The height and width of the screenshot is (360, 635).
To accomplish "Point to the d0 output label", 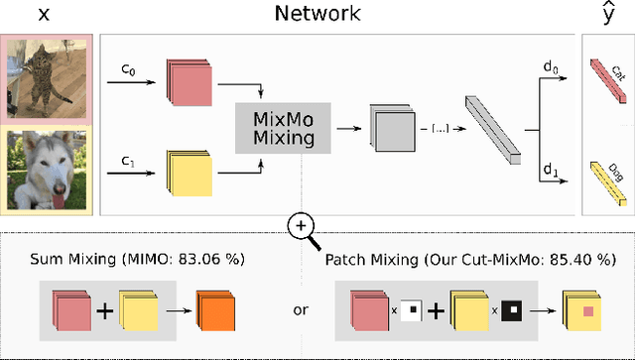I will pyautogui.click(x=549, y=66).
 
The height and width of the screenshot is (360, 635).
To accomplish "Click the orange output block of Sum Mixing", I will pyautogui.click(x=216, y=309).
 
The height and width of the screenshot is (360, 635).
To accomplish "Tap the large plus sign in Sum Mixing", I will pyautogui.click(x=103, y=309).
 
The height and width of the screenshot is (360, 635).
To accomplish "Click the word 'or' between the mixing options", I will pyautogui.click(x=300, y=310).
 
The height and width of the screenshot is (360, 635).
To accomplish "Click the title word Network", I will pyautogui.click(x=317, y=14).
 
